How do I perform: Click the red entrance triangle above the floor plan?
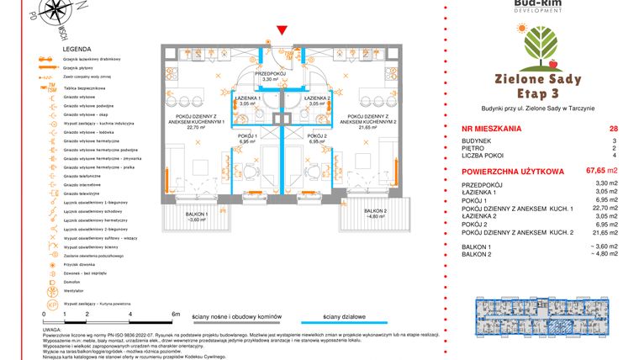coord(283,32)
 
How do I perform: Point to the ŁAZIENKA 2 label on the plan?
coord(315,98)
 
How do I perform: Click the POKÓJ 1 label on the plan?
coord(247,136)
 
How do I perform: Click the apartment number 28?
coord(613,129)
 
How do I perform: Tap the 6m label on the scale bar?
coord(175,313)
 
